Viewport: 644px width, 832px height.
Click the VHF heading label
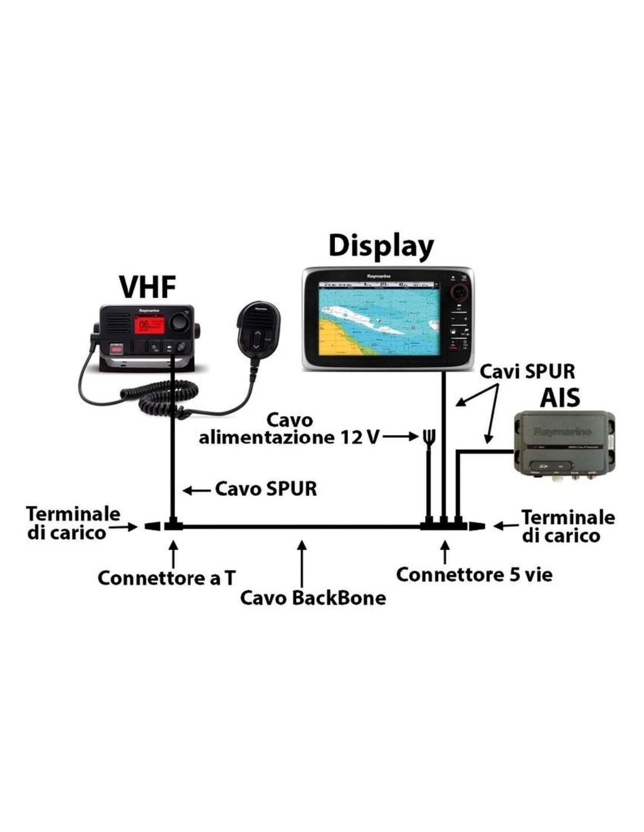click(x=148, y=287)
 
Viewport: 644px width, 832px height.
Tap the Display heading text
click(x=381, y=246)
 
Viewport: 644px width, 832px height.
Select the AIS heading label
click(x=560, y=398)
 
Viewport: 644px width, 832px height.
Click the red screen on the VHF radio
click(x=148, y=326)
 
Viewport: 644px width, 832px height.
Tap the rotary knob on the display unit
click(x=460, y=291)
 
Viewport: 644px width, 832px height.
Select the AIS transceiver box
click(x=564, y=443)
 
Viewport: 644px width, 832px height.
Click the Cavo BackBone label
click(x=313, y=598)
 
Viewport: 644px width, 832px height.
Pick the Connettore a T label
click(x=166, y=578)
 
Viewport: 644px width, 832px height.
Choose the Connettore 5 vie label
click(x=474, y=575)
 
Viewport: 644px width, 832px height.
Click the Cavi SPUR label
click(x=527, y=371)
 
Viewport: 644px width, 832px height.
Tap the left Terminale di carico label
click(x=73, y=522)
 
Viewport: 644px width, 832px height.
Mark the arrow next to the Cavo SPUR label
click(x=197, y=490)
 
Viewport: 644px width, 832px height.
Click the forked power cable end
click(x=429, y=436)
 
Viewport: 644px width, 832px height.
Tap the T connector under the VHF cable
click(x=173, y=526)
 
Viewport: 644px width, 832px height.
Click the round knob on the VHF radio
click(x=179, y=322)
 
